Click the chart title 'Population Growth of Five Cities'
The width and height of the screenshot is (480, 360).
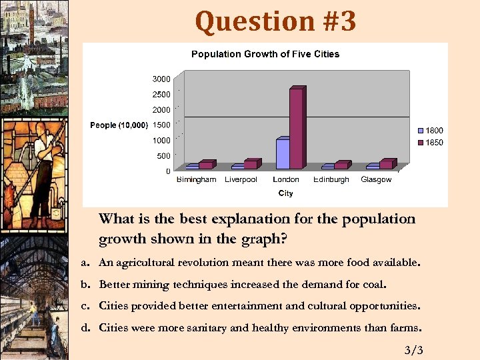(265, 54)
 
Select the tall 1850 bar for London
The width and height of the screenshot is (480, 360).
(296, 128)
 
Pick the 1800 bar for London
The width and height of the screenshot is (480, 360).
(282, 154)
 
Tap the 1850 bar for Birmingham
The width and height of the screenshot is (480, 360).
(205, 165)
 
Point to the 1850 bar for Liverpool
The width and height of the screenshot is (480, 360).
(250, 164)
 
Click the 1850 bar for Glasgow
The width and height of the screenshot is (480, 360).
(386, 164)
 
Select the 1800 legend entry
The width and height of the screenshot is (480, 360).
(430, 131)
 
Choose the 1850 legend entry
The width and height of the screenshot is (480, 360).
(430, 143)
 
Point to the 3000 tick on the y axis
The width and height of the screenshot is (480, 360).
(161, 79)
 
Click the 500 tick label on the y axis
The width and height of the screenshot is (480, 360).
(163, 156)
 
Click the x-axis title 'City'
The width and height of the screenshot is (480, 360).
(285, 193)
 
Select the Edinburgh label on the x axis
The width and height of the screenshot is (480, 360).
(331, 180)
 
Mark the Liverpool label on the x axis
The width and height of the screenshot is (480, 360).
(241, 180)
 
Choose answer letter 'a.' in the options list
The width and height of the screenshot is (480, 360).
(86, 263)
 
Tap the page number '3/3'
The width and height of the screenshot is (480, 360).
(413, 351)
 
